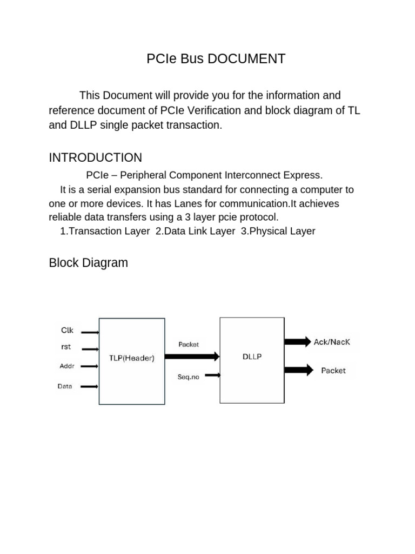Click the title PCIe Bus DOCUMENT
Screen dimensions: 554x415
point(216,59)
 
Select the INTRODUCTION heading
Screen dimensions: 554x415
point(95,157)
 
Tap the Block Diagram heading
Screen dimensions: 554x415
point(88,263)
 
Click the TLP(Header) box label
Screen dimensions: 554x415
point(131,358)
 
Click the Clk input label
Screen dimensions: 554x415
point(67,330)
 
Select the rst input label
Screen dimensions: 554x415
point(65,347)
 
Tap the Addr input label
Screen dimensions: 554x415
point(66,366)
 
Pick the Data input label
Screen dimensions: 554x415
point(65,386)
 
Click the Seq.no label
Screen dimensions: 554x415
point(188,377)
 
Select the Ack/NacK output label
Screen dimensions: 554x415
point(332,342)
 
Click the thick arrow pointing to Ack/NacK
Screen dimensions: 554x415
point(298,341)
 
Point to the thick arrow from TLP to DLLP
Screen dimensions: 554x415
point(192,356)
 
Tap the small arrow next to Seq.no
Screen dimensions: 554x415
point(212,374)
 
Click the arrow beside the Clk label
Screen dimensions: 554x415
point(90,333)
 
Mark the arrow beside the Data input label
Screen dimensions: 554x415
point(90,386)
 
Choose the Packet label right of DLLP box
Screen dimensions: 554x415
point(333,371)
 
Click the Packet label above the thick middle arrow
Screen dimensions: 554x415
point(189,344)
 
